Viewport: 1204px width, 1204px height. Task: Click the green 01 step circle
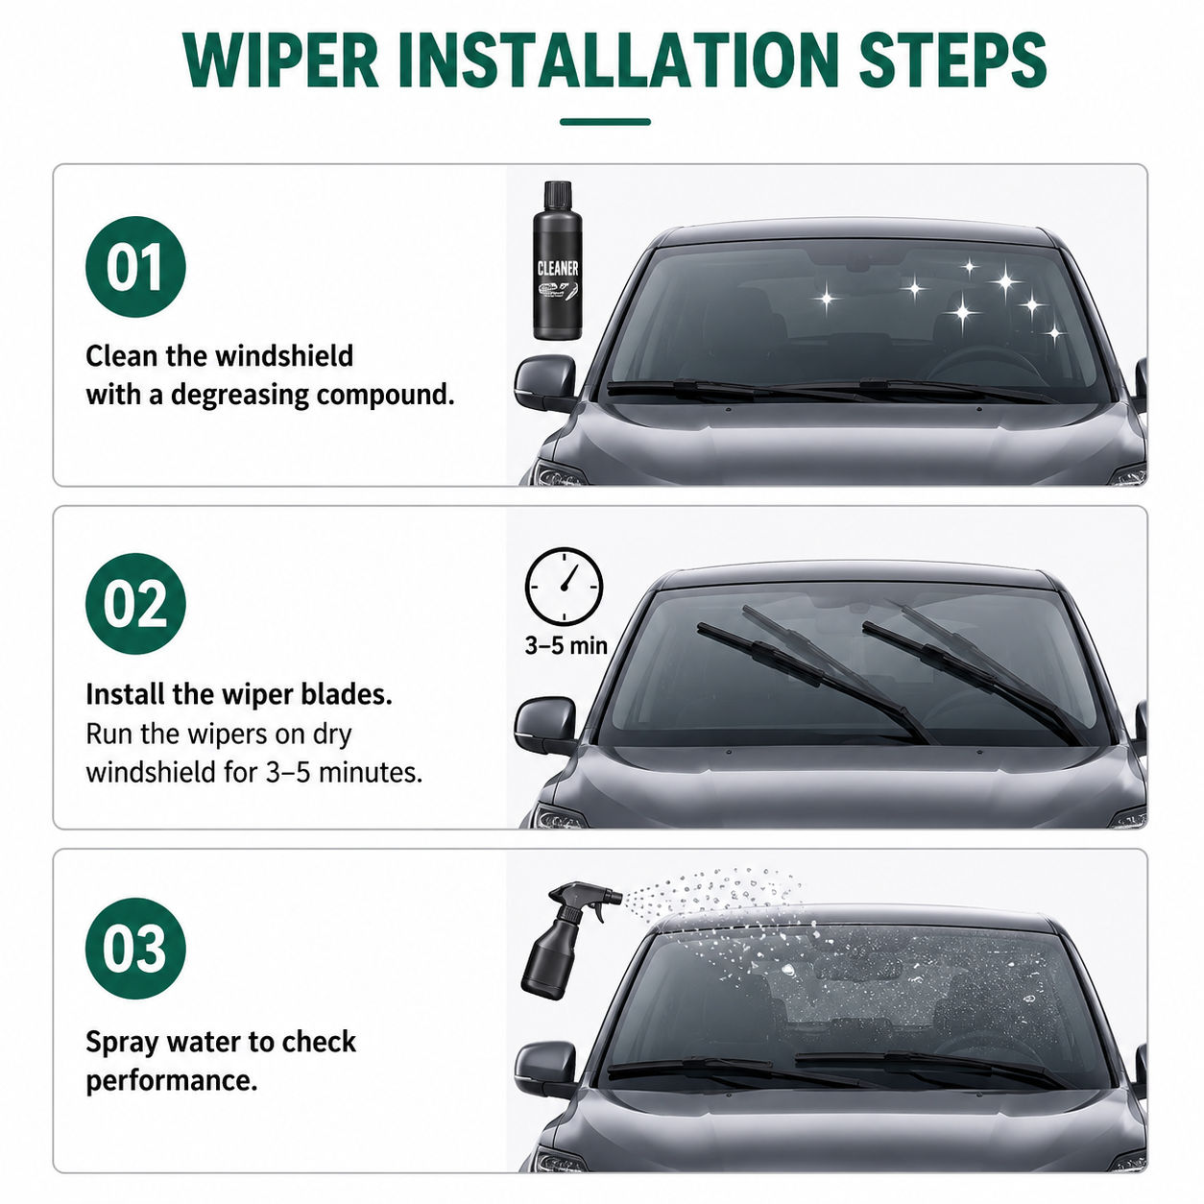coord(135,267)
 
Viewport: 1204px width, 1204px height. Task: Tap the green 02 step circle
coord(135,604)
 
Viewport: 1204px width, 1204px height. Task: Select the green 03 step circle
coord(135,949)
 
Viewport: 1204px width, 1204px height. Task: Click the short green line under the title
coord(605,122)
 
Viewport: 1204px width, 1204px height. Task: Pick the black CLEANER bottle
coord(557,260)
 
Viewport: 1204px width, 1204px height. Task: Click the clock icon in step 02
coord(565,587)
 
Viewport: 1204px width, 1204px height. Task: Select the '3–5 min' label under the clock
coord(566,645)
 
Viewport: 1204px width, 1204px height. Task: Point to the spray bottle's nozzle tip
coord(619,899)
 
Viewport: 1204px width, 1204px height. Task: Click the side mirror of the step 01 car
coord(545,383)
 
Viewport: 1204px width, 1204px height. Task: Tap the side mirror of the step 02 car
coord(545,726)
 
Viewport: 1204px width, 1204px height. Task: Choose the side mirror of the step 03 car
coord(545,1070)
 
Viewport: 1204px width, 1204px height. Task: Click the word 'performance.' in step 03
coord(172,1081)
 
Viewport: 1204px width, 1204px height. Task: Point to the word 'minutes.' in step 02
coord(371,773)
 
